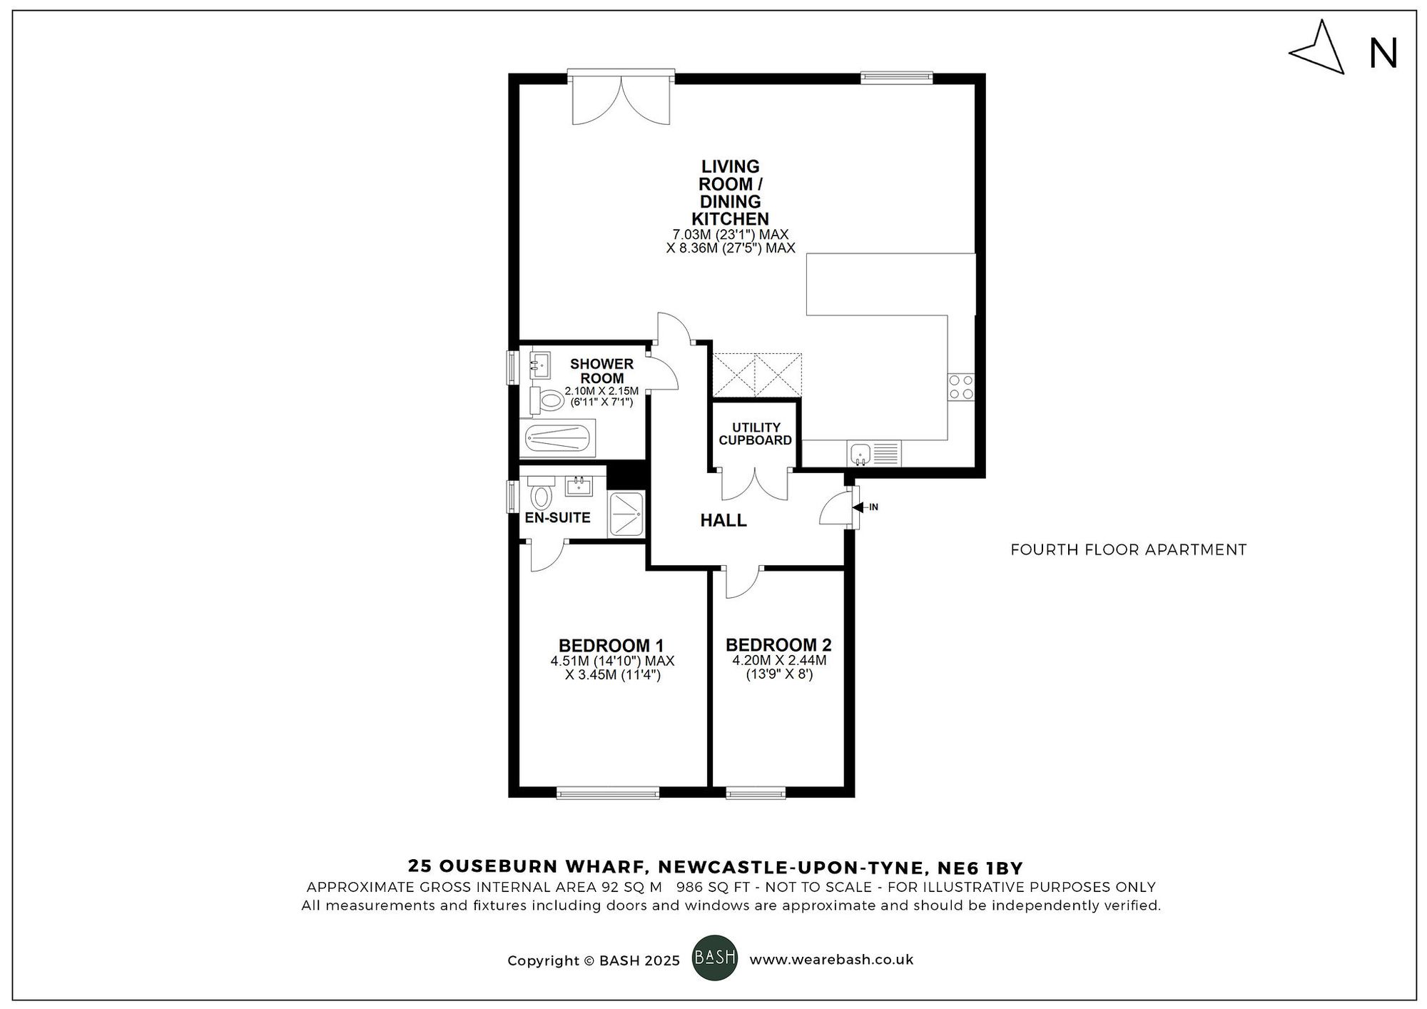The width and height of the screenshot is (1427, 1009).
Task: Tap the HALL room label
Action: pos(723,520)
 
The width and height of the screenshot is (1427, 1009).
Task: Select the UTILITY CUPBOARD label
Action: pos(755,434)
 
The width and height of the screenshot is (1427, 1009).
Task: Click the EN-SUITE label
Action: pos(557,517)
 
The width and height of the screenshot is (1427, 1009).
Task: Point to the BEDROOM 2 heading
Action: pos(778,644)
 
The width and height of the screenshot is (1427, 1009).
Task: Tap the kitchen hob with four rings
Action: pos(960,387)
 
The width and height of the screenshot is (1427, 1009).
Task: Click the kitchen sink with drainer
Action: pos(874,452)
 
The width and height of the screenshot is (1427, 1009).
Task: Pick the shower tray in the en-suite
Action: pos(626,514)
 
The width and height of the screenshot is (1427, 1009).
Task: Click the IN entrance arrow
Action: pos(865,507)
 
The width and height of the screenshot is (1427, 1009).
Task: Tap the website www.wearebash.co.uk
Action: pos(831,960)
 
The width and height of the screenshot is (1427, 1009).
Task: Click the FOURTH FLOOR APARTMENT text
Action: pos(1128,549)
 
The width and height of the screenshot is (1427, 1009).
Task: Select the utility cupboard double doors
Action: pos(756,484)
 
